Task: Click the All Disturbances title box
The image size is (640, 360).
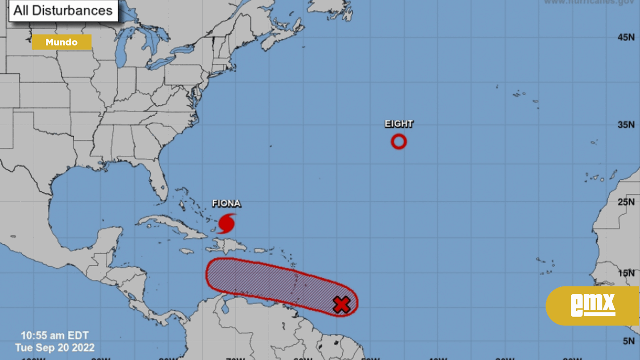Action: (x=63, y=10)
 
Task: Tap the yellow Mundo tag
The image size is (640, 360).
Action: (x=62, y=43)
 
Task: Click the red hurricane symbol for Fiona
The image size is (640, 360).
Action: (x=227, y=224)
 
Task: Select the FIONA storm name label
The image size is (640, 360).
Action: (x=227, y=204)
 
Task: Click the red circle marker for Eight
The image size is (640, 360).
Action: (x=399, y=142)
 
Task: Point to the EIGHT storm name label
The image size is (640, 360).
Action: (x=399, y=124)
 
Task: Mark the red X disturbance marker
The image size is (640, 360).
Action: (x=341, y=305)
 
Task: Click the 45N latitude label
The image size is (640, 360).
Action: (x=626, y=38)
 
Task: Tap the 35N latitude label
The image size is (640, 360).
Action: (x=626, y=125)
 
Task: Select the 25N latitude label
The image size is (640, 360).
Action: (x=626, y=202)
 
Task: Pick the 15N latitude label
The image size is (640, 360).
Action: (x=626, y=273)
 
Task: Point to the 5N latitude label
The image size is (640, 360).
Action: (x=628, y=341)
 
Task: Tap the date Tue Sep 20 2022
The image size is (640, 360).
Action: (x=54, y=348)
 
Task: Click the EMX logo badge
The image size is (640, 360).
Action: (x=592, y=305)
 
